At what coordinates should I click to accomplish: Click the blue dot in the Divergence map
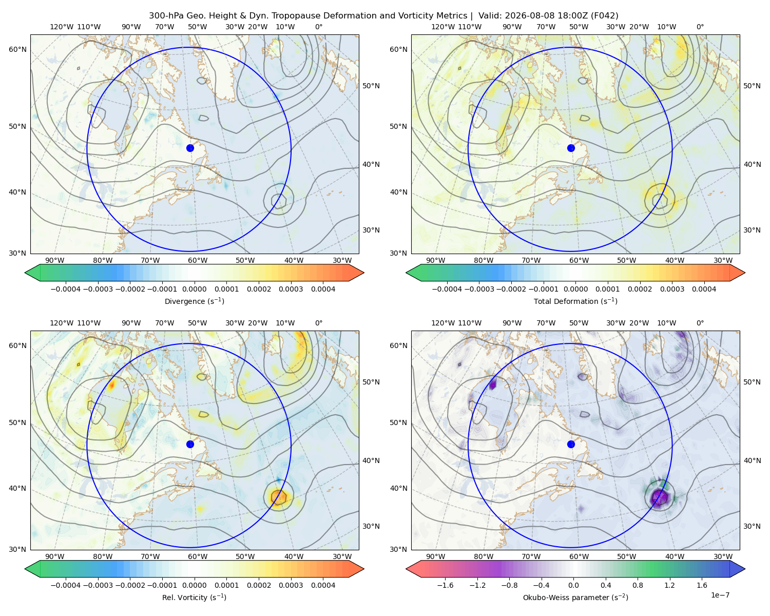pos(190,148)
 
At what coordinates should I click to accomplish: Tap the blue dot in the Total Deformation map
pos(571,148)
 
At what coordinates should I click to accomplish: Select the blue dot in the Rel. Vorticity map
pos(190,444)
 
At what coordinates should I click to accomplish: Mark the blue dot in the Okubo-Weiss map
pos(571,444)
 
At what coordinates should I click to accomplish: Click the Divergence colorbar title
pos(194,301)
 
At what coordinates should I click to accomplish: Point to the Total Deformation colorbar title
pos(575,301)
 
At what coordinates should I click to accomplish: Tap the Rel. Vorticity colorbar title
pos(194,598)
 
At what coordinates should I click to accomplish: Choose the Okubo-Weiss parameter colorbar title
pos(575,598)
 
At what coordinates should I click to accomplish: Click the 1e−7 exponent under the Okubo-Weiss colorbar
pos(720,595)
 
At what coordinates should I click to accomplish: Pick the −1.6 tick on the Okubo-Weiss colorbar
pos(445,585)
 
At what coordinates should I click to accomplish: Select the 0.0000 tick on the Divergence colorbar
pos(194,289)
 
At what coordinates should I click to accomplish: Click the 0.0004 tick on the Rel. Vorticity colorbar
pos(323,585)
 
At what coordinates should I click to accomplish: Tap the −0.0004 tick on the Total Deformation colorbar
pos(447,289)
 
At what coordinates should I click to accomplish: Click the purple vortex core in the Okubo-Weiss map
pos(659,497)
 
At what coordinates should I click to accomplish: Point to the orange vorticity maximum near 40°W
pos(279,497)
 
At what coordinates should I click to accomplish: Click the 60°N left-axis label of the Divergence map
pos(17,49)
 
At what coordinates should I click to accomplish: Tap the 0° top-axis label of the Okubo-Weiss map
pos(700,323)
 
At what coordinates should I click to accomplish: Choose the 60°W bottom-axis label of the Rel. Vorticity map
pos(198,556)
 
